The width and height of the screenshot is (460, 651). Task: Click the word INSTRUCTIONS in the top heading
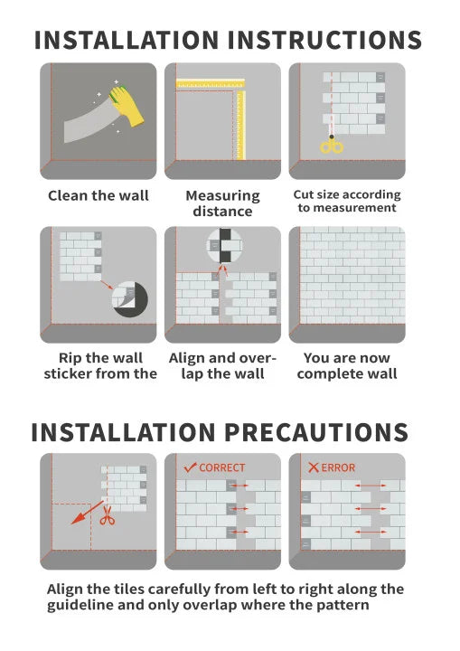(x=324, y=40)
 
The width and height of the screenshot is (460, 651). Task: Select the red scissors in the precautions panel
(x=108, y=514)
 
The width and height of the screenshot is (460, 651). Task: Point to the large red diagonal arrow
(x=87, y=513)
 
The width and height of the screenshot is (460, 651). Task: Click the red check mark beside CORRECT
(x=190, y=467)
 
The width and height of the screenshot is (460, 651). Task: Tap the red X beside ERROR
(x=314, y=467)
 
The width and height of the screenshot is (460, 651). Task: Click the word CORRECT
(x=222, y=468)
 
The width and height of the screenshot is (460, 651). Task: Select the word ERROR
(x=338, y=468)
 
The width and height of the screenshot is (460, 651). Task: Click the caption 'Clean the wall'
(x=99, y=195)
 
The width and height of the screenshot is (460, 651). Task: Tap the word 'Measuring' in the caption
(x=222, y=195)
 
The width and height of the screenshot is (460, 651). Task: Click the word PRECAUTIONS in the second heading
(x=316, y=432)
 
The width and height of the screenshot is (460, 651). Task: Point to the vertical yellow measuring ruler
(x=240, y=126)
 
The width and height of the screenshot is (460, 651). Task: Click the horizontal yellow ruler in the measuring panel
(x=211, y=83)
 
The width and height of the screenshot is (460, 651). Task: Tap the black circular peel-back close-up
(x=130, y=299)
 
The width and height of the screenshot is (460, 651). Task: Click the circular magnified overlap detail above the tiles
(x=225, y=245)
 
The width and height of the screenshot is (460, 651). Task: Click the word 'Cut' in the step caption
(x=303, y=194)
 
